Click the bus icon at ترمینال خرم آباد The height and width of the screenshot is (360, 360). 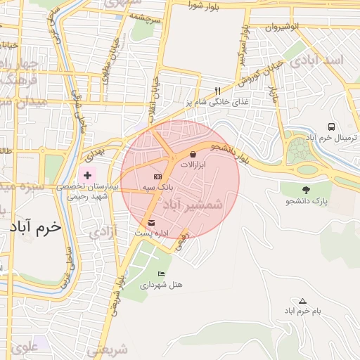[x=330, y=127]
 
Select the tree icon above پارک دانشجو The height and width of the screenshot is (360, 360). [x=305, y=190]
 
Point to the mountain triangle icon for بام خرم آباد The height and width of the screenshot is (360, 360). [x=303, y=300]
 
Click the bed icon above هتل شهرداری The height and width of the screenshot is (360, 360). [x=162, y=274]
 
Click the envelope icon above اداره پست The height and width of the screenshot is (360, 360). [x=152, y=223]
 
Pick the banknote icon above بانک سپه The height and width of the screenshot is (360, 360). [x=157, y=176]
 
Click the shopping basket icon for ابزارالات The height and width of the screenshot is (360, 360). [x=193, y=153]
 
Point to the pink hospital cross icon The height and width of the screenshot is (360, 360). [x=87, y=174]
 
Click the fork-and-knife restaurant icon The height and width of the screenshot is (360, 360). [x=217, y=91]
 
